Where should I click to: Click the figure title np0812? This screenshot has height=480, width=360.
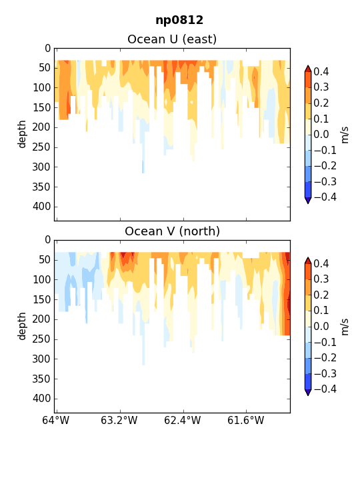click(x=179, y=21)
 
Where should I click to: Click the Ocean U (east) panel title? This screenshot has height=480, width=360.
click(x=172, y=39)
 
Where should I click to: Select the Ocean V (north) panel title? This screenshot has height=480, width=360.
click(x=173, y=231)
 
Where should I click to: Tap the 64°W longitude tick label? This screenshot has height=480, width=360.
click(x=56, y=420)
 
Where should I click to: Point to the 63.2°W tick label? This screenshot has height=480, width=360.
click(x=119, y=420)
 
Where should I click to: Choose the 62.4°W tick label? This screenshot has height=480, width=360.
click(x=183, y=420)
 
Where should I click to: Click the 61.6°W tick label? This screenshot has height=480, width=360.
click(x=245, y=420)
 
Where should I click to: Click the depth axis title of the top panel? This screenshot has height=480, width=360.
click(x=22, y=135)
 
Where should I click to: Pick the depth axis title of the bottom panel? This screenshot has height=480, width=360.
click(x=22, y=326)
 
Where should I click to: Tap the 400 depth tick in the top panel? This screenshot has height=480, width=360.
click(x=41, y=207)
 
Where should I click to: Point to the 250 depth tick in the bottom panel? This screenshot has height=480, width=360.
click(x=41, y=339)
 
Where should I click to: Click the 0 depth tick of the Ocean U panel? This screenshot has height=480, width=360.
click(x=48, y=49)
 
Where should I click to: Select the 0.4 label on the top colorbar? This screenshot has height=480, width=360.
click(x=321, y=71)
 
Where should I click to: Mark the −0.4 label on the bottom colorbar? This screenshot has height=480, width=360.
click(x=325, y=389)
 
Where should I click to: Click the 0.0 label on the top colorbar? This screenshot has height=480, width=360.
click(x=321, y=135)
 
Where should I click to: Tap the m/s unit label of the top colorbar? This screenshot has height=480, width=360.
click(x=345, y=135)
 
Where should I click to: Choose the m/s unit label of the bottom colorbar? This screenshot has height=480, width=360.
click(x=345, y=327)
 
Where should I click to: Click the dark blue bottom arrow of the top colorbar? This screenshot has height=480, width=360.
click(x=308, y=201)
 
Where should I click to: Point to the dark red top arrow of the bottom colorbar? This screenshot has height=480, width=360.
click(x=308, y=261)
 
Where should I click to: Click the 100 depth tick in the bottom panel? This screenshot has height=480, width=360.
click(x=41, y=280)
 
